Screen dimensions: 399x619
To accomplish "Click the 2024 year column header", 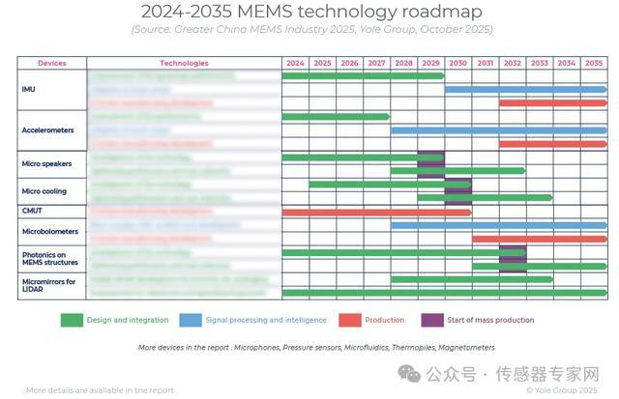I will pyautogui.click(x=295, y=63).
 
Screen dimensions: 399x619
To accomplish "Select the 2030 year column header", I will pyautogui.click(x=458, y=63).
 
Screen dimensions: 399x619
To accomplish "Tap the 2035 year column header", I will pyautogui.click(x=594, y=63).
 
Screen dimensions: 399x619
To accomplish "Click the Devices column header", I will pyautogui.click(x=52, y=63).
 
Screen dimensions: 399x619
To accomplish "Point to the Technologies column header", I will pyautogui.click(x=184, y=63).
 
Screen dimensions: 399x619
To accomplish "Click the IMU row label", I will pyautogui.click(x=28, y=89).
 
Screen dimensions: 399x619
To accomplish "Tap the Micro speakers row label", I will pyautogui.click(x=46, y=163).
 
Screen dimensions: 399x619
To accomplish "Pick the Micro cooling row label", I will pyautogui.click(x=44, y=190).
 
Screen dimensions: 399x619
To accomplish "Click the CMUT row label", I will pyautogui.click(x=31, y=211).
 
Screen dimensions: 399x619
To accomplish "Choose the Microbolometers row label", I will pyautogui.click(x=47, y=232).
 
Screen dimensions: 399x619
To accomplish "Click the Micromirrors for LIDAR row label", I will pyautogui.click(x=46, y=285).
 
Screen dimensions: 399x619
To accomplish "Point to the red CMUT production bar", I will pyautogui.click(x=376, y=212).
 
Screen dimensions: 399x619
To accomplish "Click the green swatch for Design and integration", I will pyautogui.click(x=85, y=320).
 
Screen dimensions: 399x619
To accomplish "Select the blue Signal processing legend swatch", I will pyautogui.click(x=191, y=320).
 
